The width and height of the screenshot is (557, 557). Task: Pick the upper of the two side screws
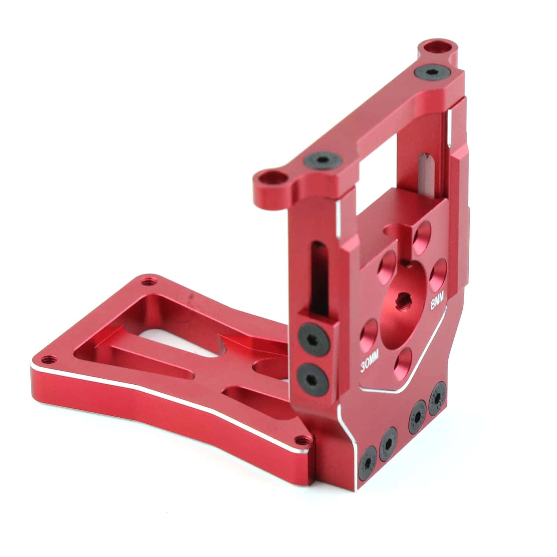(314, 339)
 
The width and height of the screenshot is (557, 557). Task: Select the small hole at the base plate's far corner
(149, 280)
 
